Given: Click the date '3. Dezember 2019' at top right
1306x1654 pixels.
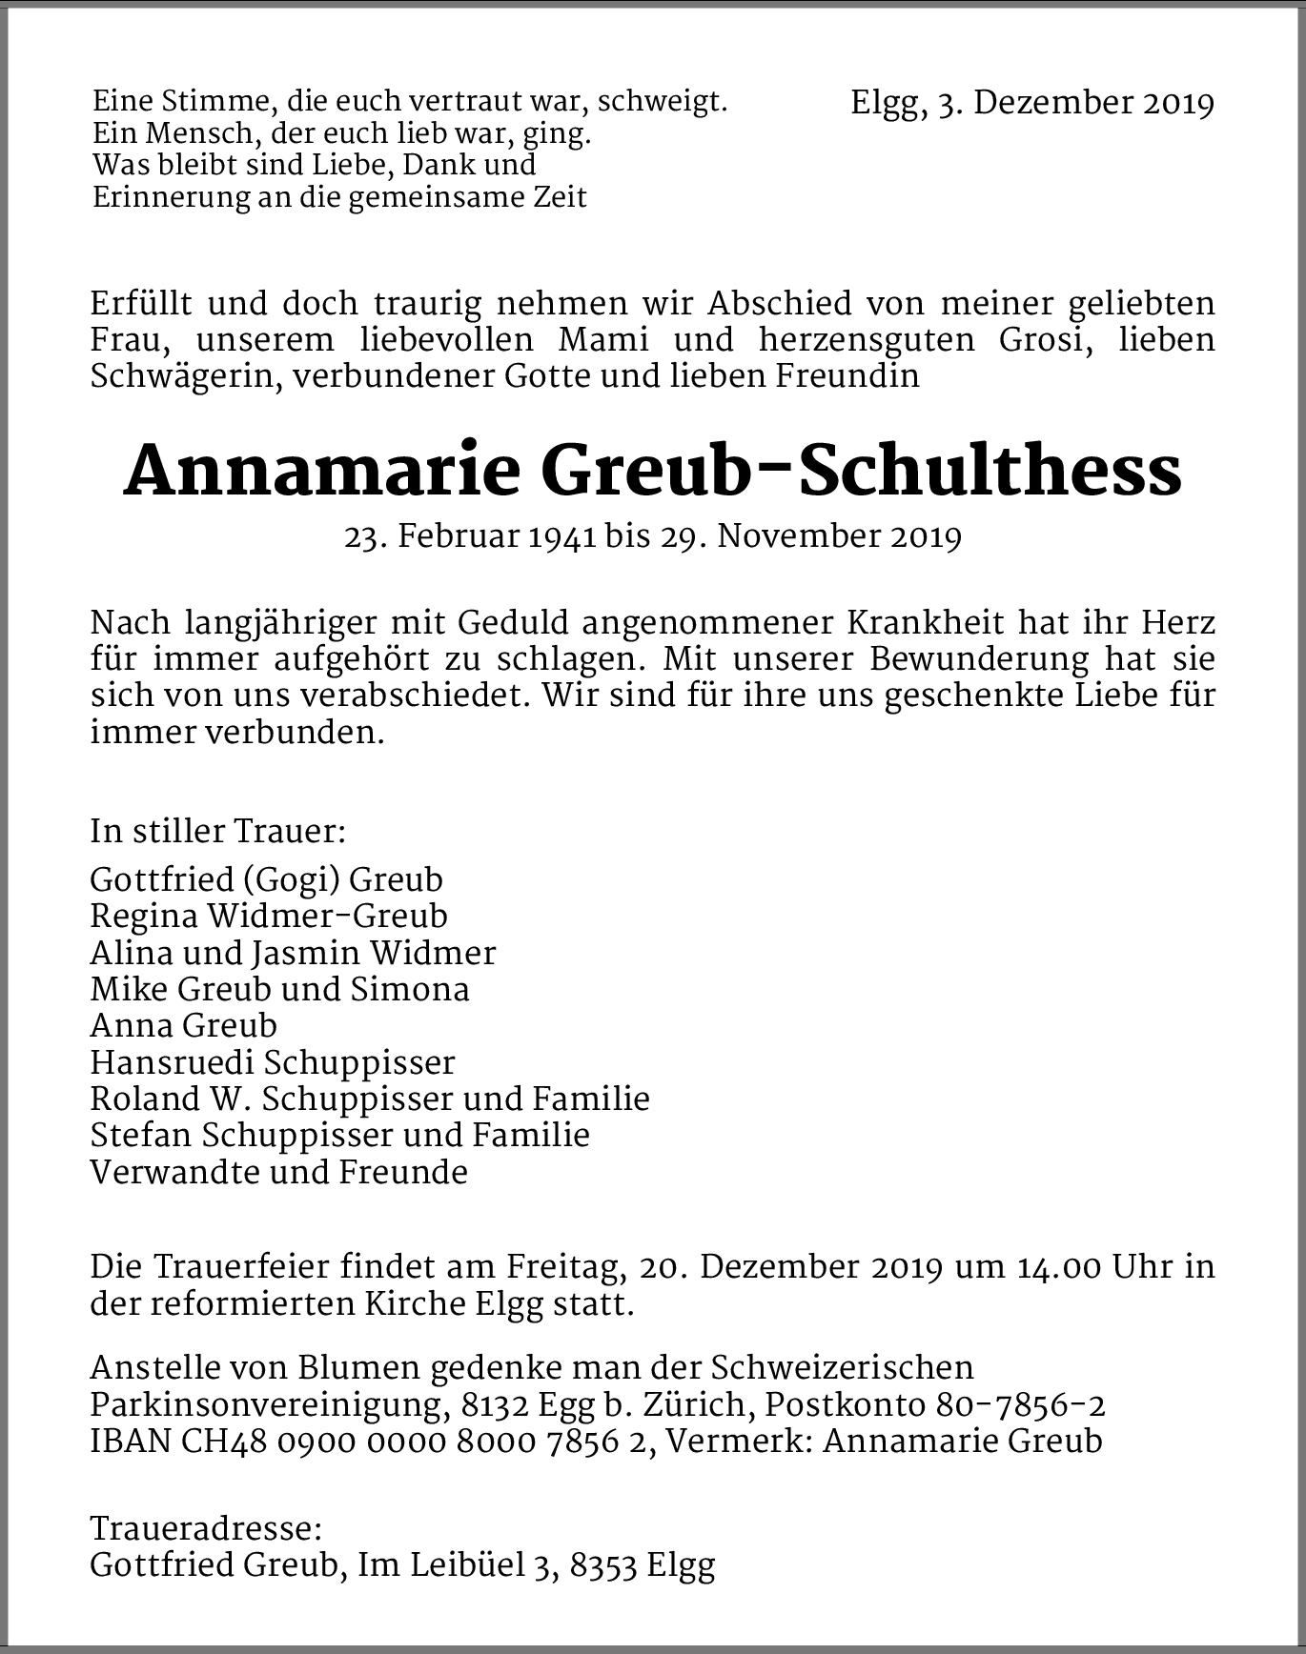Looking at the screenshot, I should point(1075,103).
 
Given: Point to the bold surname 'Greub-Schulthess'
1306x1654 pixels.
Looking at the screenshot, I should point(861,471).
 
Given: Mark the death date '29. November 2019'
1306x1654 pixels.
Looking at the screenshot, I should point(809,536).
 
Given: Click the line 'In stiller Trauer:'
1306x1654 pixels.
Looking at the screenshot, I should point(217,831).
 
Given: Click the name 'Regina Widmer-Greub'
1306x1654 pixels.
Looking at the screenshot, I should point(269,916).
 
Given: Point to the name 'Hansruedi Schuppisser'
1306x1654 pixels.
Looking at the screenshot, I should point(273,1062).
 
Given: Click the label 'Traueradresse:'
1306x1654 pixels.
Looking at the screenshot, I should point(206,1529).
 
